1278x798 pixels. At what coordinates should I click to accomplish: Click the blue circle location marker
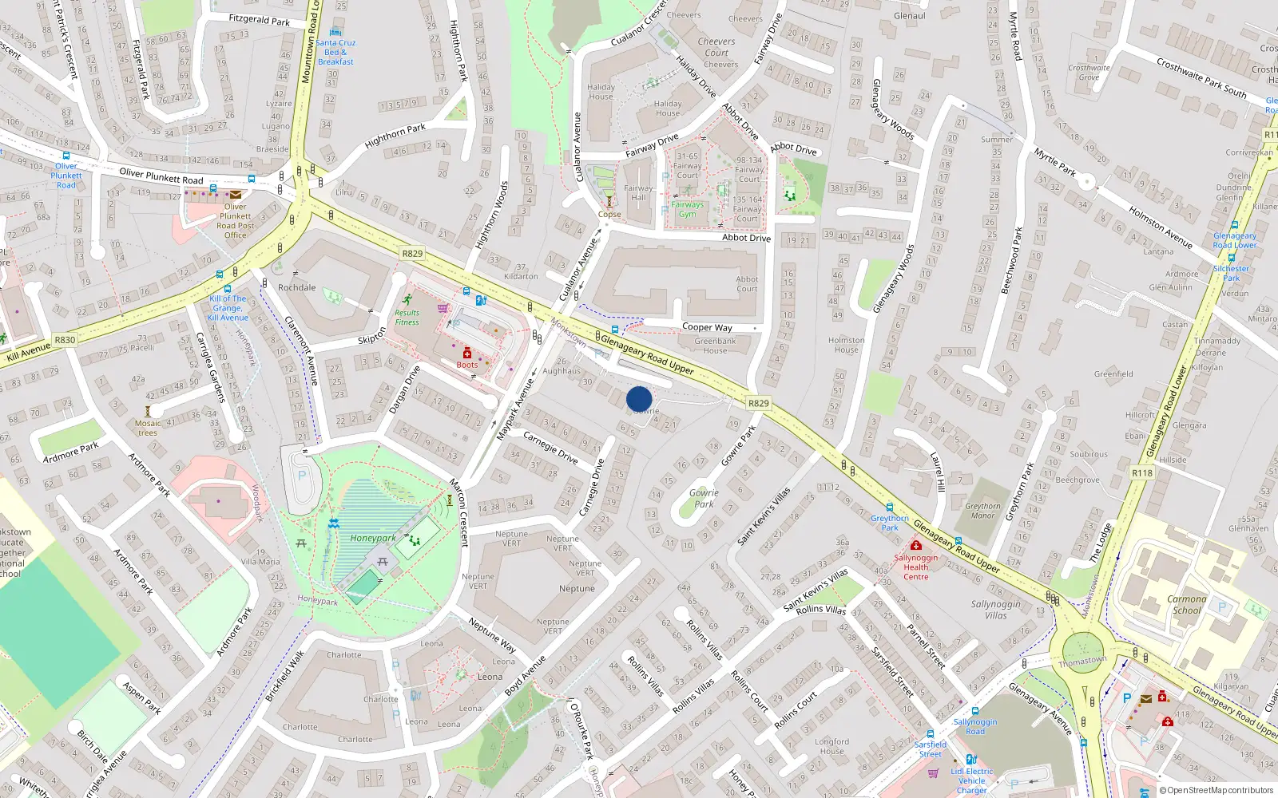[x=639, y=399]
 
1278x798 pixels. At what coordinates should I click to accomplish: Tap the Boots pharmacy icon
[x=467, y=354]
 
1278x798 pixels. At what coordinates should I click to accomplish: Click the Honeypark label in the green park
[x=373, y=538]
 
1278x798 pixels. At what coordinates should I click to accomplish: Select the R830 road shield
[x=65, y=340]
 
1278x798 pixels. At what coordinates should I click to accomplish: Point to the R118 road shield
[x=1142, y=473]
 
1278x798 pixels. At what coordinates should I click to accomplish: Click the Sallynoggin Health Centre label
[x=916, y=567]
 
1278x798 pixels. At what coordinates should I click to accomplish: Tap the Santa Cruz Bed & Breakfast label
[x=335, y=52]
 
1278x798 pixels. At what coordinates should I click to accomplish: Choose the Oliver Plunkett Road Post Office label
[x=235, y=220]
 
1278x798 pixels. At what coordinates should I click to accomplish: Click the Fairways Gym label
[x=687, y=209]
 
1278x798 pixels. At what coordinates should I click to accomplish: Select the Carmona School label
[x=1187, y=604]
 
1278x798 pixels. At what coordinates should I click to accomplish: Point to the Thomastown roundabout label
[x=1082, y=662]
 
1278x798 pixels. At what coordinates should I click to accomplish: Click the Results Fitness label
[x=407, y=317]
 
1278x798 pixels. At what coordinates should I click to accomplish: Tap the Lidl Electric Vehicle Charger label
[x=972, y=780]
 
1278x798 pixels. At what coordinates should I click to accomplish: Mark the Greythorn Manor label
[x=982, y=511]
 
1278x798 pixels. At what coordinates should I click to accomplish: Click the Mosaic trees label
[x=148, y=429]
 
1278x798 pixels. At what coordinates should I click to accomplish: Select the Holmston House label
[x=847, y=345]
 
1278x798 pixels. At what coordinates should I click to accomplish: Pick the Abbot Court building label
[x=747, y=284]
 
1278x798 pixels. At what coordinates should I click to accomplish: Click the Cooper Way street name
[x=707, y=327]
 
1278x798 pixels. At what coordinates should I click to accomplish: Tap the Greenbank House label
[x=715, y=346]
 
